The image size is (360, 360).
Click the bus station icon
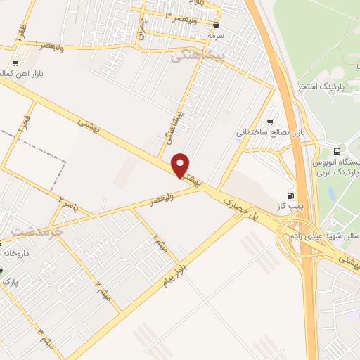tap(338, 150)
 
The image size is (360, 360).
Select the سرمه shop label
tap(214, 35)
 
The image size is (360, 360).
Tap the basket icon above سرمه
tap(214, 25)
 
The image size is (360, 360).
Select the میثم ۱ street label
tap(161, 243)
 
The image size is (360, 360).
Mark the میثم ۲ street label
tap(103, 286)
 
